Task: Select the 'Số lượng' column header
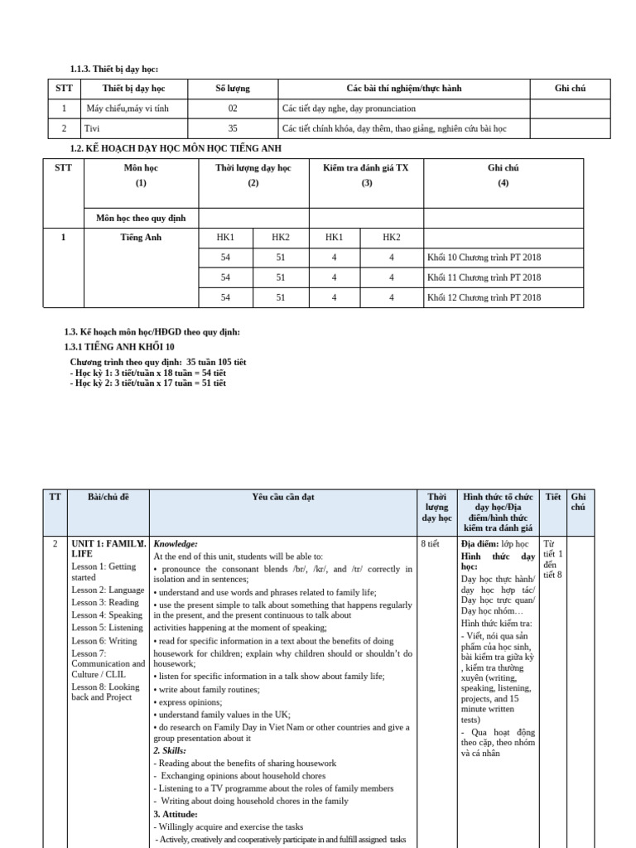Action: click(x=232, y=89)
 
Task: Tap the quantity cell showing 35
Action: click(x=232, y=128)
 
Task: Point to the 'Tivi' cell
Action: click(x=93, y=128)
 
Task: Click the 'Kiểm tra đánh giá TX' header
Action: click(x=365, y=168)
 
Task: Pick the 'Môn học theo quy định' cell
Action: click(x=141, y=218)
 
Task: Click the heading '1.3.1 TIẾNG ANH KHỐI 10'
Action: click(x=119, y=346)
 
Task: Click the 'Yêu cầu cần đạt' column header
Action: click(x=283, y=497)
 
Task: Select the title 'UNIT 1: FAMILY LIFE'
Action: click(x=108, y=548)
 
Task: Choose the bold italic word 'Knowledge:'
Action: click(x=176, y=544)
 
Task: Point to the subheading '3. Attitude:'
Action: click(x=176, y=814)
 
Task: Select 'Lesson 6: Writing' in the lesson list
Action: click(x=104, y=640)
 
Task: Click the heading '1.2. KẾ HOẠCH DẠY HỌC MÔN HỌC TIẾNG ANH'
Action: click(x=176, y=148)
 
